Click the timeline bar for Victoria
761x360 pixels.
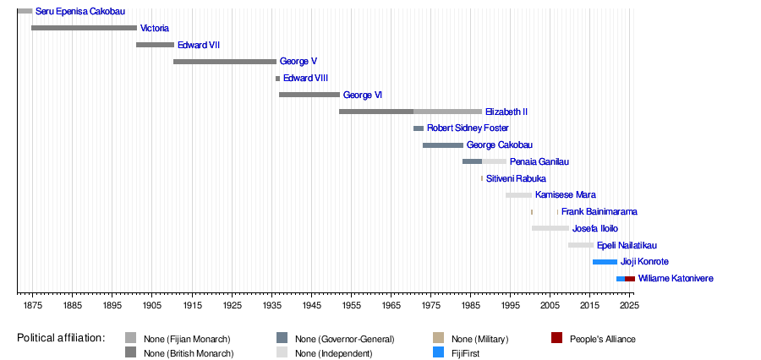84,28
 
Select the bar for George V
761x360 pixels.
225,62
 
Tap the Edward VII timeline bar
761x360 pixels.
155,45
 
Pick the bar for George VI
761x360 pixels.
309,95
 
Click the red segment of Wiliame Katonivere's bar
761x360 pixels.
630,279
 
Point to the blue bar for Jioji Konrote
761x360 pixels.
605,262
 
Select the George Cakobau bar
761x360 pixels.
443,145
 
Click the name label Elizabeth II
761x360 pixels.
506,112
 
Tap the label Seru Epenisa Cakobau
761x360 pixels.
80,12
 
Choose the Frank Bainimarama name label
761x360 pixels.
599,212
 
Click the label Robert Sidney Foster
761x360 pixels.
468,128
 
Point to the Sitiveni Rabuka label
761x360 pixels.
516,179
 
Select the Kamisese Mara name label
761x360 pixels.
566,195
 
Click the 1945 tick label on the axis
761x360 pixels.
311,304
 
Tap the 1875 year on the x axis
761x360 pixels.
33,304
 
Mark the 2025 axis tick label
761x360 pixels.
629,304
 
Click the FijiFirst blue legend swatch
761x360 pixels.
438,353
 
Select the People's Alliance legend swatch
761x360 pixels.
556,339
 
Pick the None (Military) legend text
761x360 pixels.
479,339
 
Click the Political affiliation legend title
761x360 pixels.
61,338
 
